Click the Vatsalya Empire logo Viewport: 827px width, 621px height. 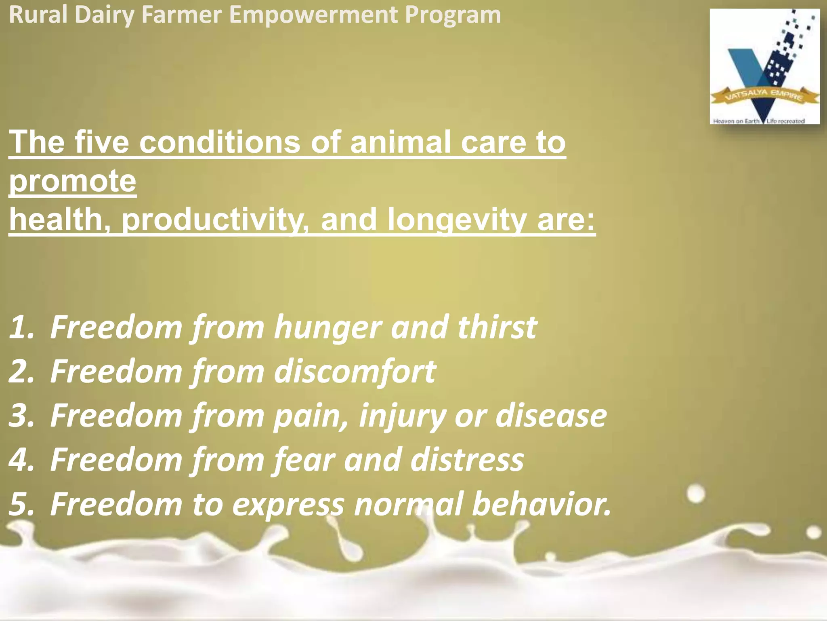[x=765, y=67]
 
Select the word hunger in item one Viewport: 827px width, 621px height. [x=327, y=327]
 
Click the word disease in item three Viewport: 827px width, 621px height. [x=551, y=416]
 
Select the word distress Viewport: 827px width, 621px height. [x=467, y=460]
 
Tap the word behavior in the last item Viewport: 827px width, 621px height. [x=541, y=504]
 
